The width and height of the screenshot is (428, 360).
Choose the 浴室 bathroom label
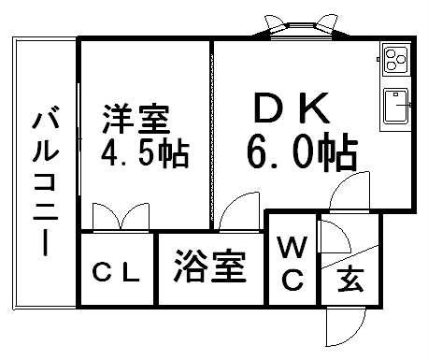(x=210, y=268)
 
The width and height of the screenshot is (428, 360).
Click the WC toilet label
(x=292, y=263)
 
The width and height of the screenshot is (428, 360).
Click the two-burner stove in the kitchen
(x=394, y=60)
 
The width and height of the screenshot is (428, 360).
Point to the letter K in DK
(x=316, y=110)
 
